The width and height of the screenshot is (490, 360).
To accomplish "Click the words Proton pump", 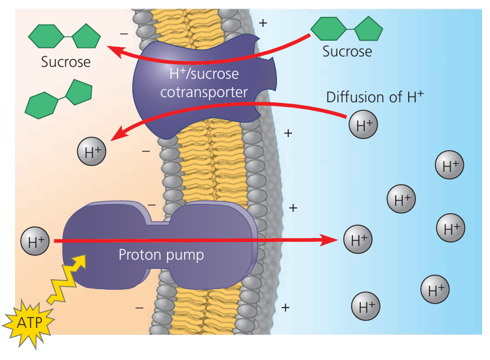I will coord(161,254).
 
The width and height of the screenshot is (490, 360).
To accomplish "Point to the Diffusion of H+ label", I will coord(375,97).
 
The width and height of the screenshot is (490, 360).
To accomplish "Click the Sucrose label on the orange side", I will coord(66,63).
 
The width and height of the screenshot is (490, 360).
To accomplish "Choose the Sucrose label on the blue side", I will coord(347,51).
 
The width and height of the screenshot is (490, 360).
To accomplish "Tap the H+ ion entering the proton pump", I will coord(35,241).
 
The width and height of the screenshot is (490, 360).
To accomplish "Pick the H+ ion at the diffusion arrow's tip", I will coord(92,153).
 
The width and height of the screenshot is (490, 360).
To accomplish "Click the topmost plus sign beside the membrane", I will coord(263,23).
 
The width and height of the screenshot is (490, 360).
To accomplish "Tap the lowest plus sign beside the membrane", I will coord(285,308).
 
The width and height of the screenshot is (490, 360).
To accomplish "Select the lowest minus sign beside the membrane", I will coord(139,307).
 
